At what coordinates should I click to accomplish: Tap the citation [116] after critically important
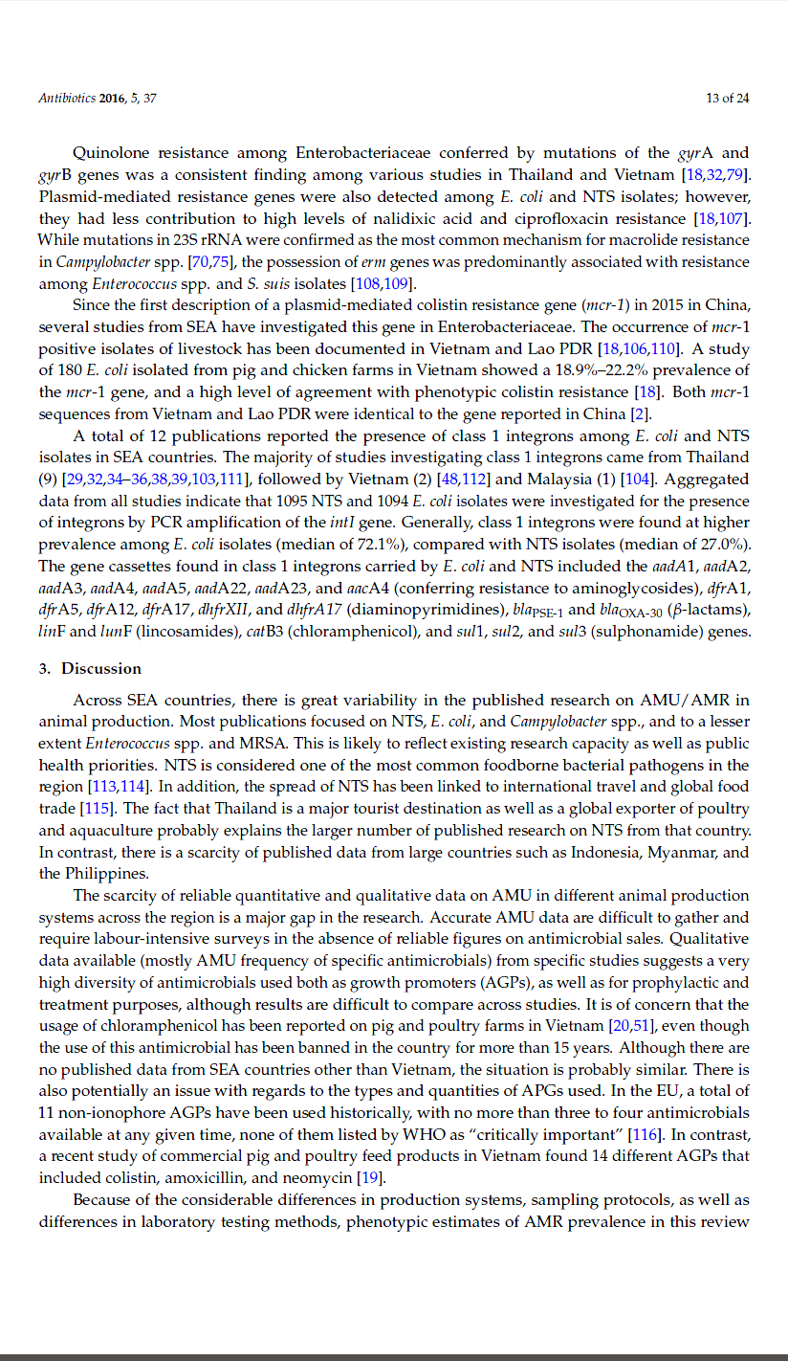point(646,1135)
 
